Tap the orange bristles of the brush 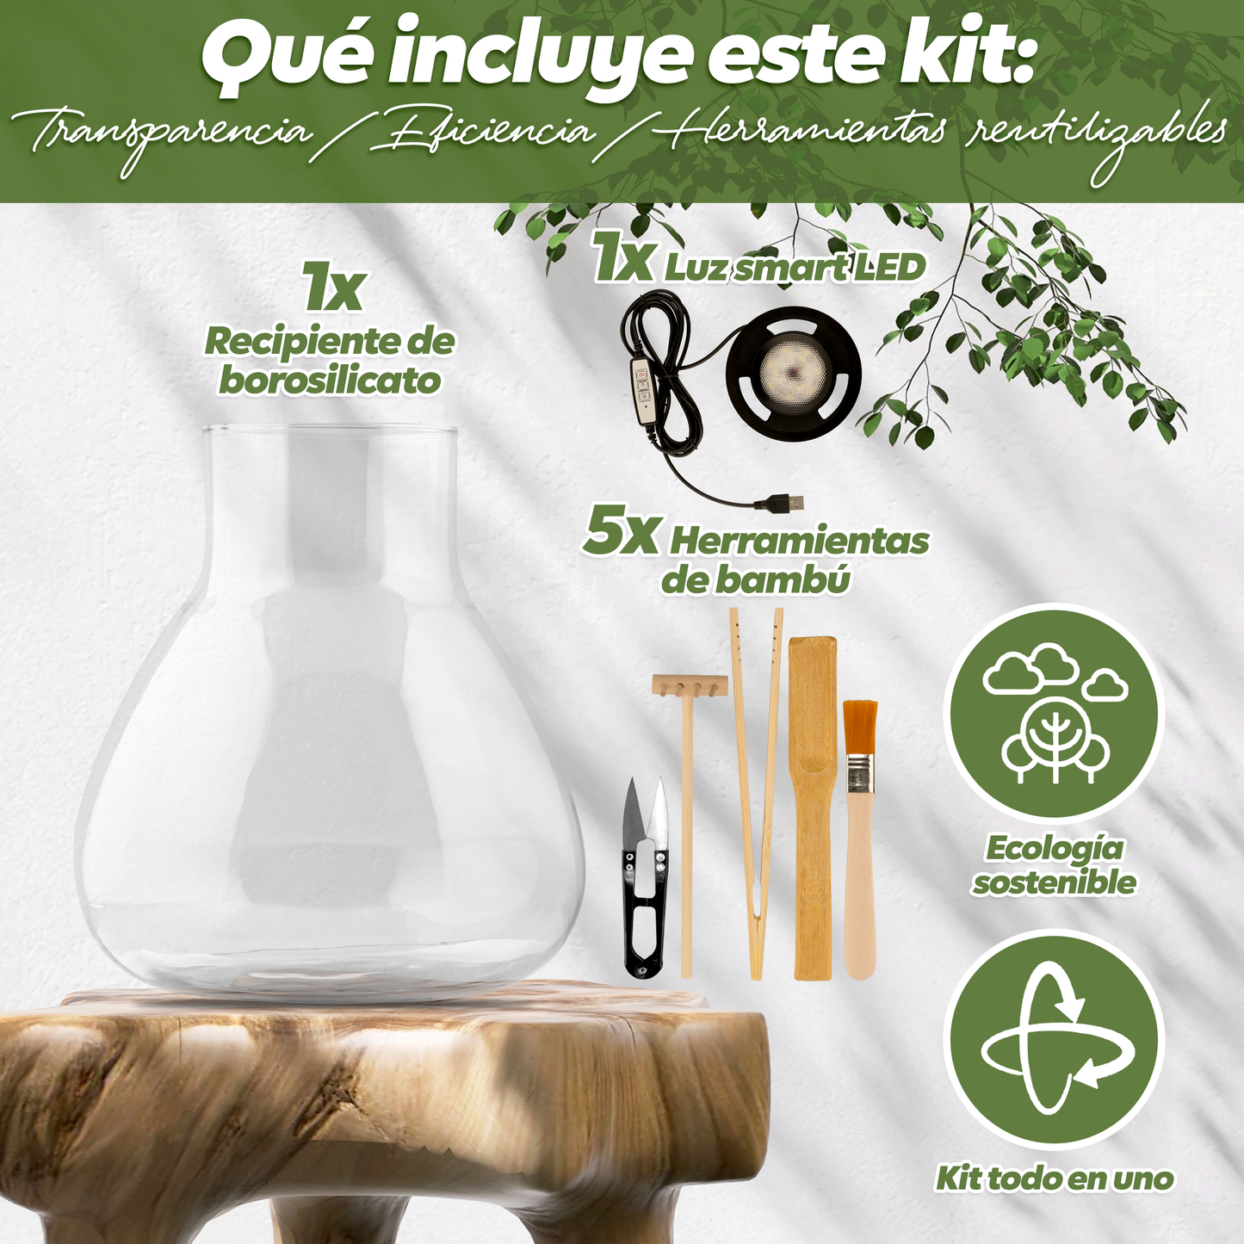859,727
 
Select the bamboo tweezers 756,792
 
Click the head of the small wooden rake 690,685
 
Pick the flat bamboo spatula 813,809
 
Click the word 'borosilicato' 330,381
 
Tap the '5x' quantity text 620,534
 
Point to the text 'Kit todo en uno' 1055,1178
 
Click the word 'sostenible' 1055,882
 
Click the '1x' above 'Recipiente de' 332,290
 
